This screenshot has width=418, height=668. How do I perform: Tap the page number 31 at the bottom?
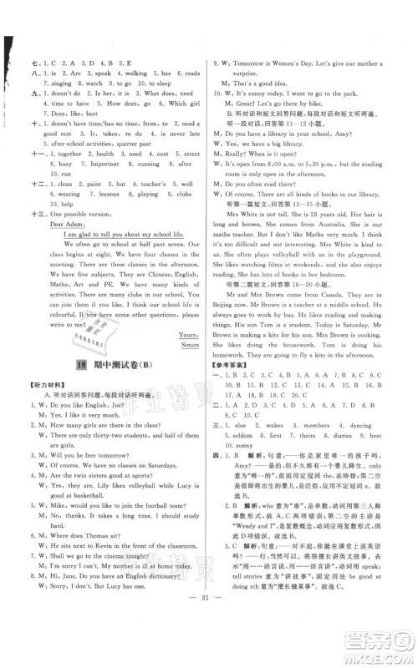click(208, 648)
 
